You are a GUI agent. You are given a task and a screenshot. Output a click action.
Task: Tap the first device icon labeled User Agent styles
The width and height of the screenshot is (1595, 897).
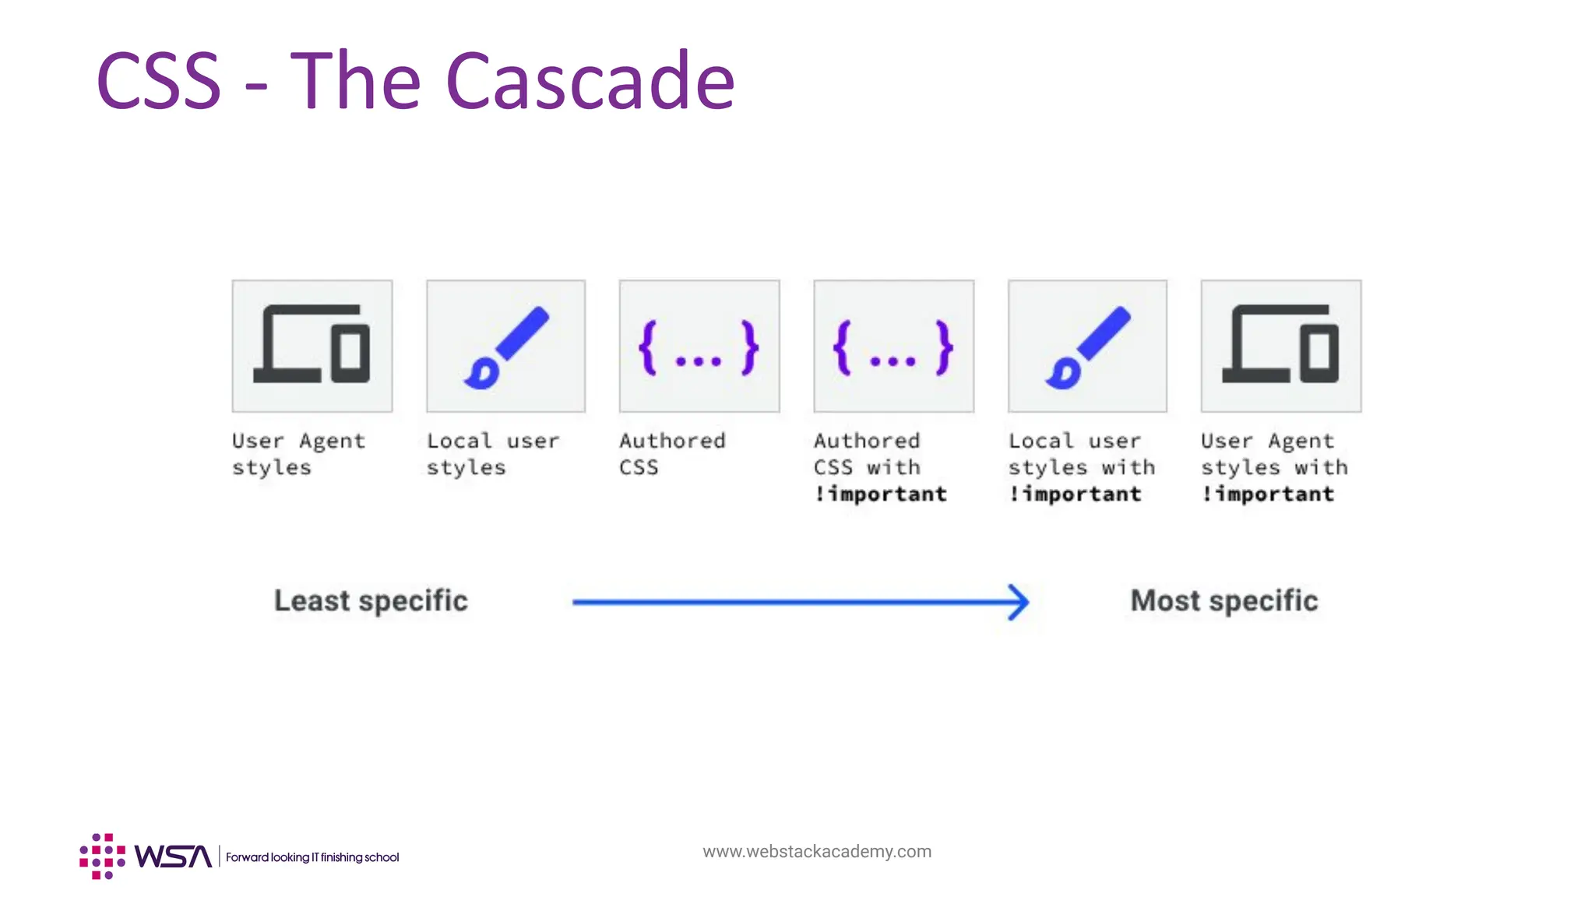(x=312, y=346)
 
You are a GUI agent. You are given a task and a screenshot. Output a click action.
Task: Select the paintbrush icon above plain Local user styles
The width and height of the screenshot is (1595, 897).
(x=506, y=346)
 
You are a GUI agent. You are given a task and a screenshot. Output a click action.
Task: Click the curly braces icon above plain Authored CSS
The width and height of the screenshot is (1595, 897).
(x=699, y=346)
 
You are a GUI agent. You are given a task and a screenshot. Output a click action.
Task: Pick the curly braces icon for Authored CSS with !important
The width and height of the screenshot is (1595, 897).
(x=893, y=346)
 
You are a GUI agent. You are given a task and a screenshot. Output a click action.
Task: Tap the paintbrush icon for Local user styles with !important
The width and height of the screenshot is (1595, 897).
(x=1087, y=346)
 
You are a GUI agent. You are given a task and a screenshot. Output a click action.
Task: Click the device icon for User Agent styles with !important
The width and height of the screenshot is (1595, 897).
(x=1281, y=346)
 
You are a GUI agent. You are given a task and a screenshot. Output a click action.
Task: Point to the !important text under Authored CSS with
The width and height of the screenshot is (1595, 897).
(x=881, y=494)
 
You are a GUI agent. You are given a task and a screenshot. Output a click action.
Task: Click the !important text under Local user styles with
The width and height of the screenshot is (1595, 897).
(x=1075, y=494)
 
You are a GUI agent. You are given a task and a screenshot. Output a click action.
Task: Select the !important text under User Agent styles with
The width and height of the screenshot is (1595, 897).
(x=1268, y=494)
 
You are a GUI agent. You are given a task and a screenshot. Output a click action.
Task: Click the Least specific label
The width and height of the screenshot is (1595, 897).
(x=371, y=601)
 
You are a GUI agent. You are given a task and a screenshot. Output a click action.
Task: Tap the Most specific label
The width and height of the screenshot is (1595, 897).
(x=1224, y=601)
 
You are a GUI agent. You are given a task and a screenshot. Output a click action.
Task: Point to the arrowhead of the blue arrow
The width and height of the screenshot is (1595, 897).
(x=1019, y=602)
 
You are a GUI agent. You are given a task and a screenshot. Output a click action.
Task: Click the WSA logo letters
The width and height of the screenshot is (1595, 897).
(x=173, y=857)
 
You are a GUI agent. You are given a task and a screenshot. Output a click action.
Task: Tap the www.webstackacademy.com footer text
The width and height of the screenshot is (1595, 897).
(x=817, y=852)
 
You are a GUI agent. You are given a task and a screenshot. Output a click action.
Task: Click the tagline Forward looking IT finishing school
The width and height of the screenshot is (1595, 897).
(x=312, y=857)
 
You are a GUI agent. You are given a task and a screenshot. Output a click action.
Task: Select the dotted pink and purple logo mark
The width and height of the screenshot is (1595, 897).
(x=102, y=857)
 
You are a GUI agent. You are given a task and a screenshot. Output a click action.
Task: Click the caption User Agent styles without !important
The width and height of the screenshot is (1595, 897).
(x=298, y=454)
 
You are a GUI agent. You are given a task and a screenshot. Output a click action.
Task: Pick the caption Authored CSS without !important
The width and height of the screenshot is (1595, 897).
(x=672, y=454)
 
